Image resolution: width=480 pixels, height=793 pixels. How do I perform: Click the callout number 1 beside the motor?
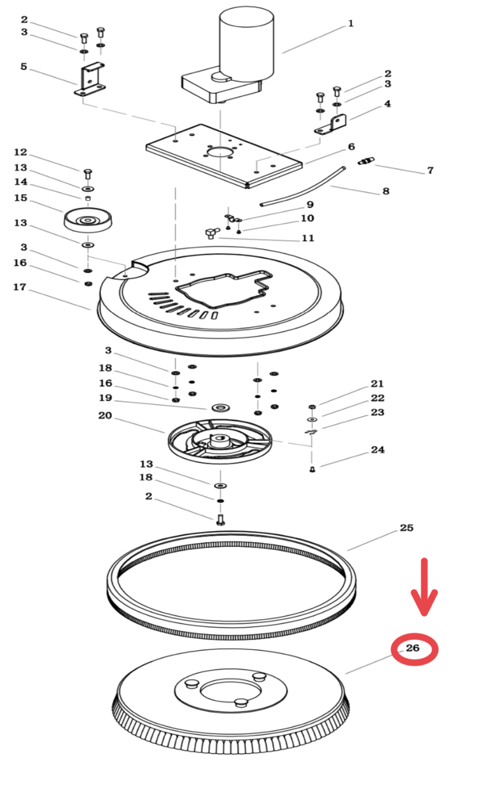351,24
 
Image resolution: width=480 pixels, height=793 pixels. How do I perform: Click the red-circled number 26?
414,648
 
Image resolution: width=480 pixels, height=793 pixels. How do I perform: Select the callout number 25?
407,528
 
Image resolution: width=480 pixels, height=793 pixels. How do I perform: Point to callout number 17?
20,287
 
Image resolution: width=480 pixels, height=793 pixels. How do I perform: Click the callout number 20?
105,416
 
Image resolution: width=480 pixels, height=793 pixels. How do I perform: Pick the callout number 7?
430,170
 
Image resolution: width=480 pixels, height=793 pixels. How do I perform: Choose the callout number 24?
378,449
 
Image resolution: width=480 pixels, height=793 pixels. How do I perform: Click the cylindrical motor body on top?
246,44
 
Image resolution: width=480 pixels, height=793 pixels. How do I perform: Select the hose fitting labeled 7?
366,160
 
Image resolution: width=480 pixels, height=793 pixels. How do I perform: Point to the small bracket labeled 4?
333,125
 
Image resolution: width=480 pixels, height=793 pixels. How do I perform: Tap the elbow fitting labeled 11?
210,234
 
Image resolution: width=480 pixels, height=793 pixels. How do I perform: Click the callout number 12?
20,153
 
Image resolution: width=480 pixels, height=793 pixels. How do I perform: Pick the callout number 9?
310,204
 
